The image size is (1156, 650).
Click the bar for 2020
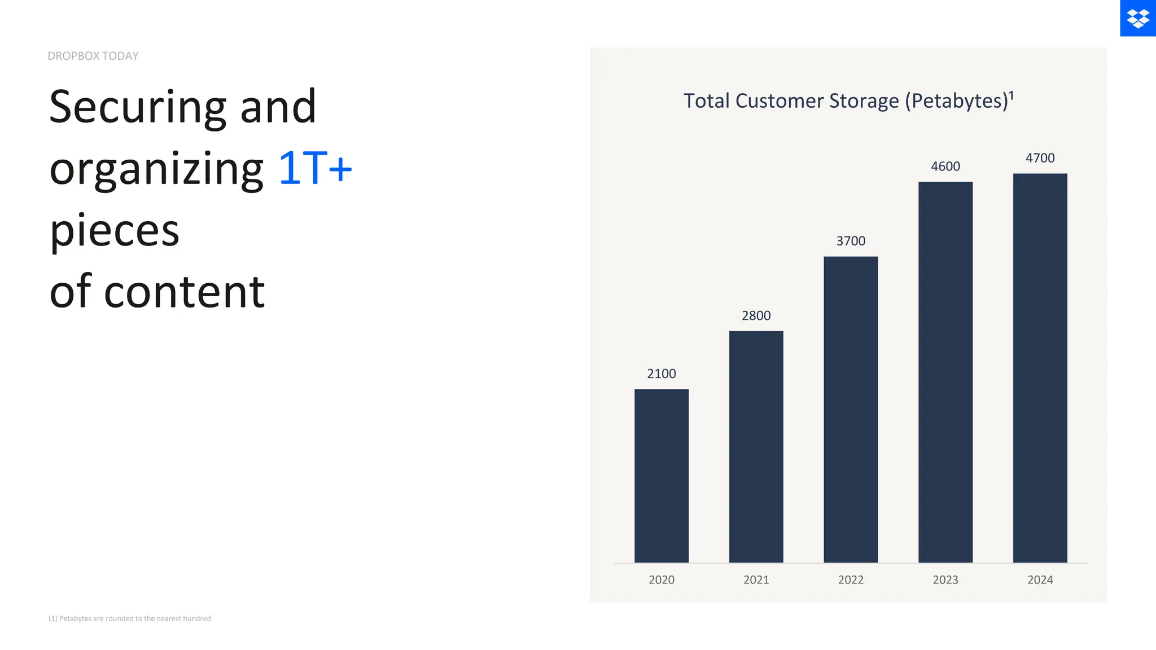click(x=661, y=476)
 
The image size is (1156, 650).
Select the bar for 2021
click(x=756, y=446)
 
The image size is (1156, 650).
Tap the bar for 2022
click(x=851, y=409)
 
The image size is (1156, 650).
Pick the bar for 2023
click(x=945, y=372)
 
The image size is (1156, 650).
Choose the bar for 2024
click(x=1040, y=368)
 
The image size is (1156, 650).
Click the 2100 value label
click(x=661, y=374)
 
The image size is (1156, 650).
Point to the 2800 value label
click(x=756, y=315)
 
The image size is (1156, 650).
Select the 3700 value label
click(x=851, y=241)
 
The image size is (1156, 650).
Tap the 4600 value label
click(x=945, y=166)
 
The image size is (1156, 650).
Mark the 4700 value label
click(x=1040, y=158)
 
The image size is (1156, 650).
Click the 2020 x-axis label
click(x=661, y=579)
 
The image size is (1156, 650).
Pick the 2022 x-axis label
click(x=851, y=579)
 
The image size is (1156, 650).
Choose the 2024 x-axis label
click(x=1040, y=579)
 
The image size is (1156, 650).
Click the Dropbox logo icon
click(x=1137, y=18)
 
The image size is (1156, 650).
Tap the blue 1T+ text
click(x=315, y=168)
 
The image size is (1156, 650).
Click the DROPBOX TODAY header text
click(x=93, y=56)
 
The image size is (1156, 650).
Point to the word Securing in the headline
click(x=138, y=107)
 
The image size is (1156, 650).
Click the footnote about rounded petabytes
click(x=130, y=618)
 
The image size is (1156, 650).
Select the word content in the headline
click(x=184, y=292)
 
